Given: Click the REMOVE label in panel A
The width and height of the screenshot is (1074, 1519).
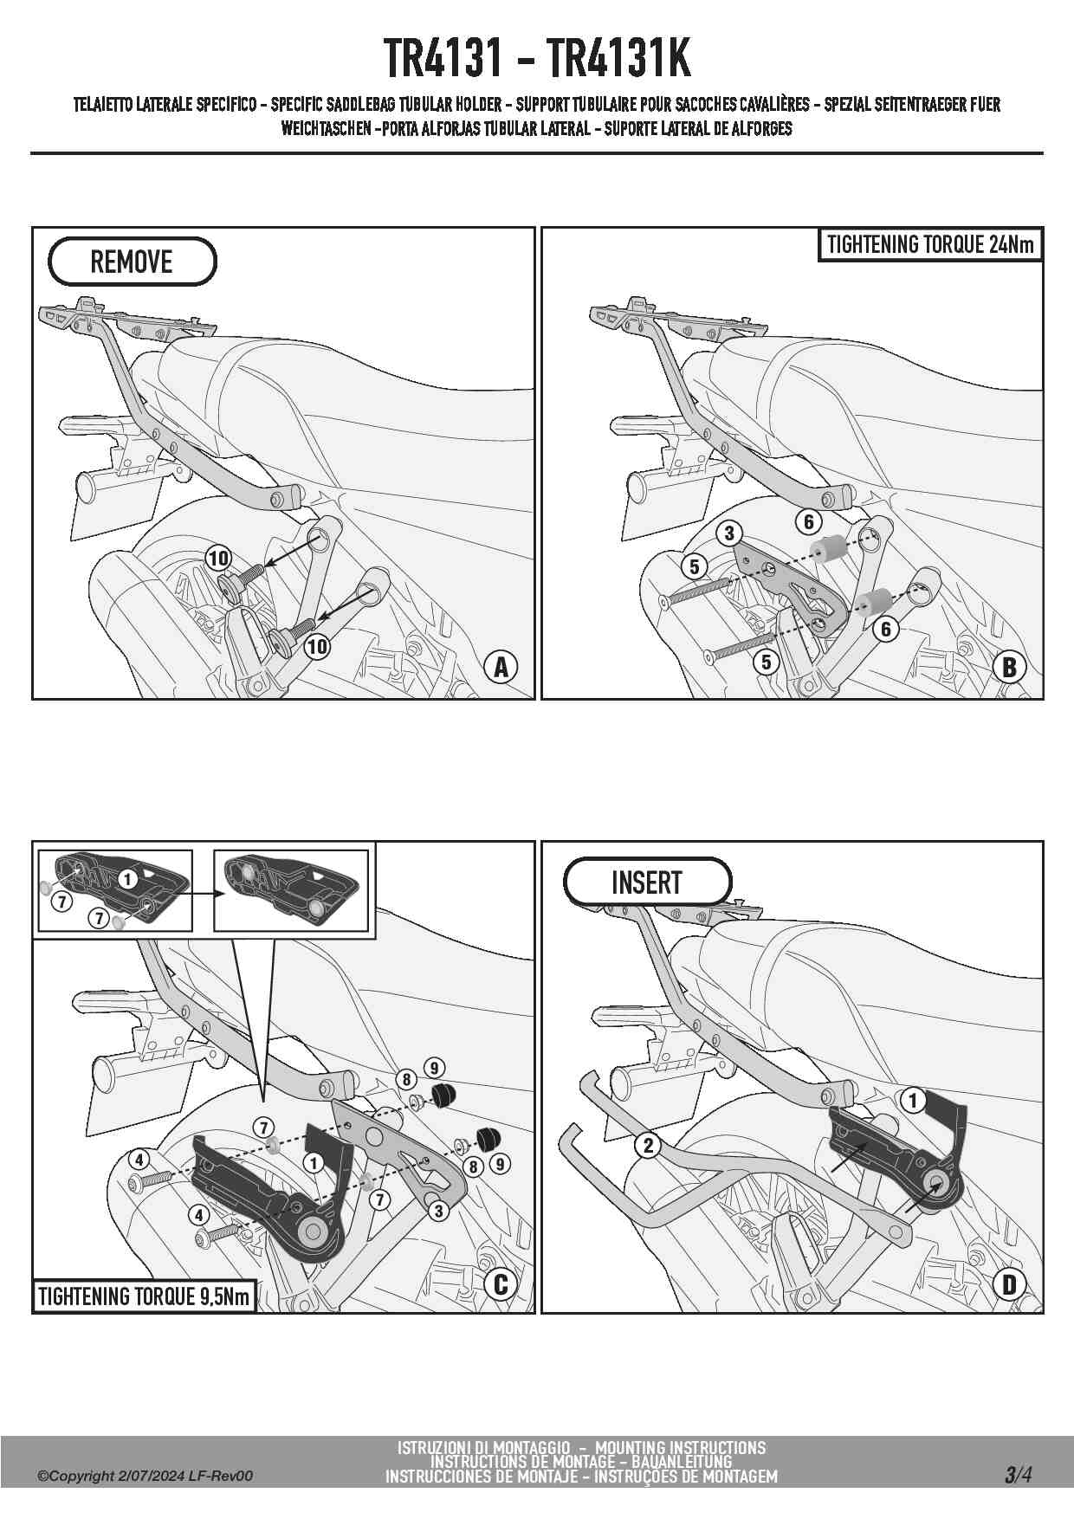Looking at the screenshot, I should (x=132, y=262).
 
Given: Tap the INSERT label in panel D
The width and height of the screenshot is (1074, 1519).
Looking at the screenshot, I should (x=647, y=882).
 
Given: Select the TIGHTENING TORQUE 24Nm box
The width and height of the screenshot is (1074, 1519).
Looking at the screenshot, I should (x=930, y=244).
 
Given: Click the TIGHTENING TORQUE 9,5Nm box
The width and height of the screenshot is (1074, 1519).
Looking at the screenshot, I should (x=144, y=1296).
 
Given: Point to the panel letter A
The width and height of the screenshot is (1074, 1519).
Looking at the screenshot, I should (x=501, y=668).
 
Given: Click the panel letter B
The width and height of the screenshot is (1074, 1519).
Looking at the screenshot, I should (x=1009, y=668).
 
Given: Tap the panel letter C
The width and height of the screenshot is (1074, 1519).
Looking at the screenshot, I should (x=501, y=1284).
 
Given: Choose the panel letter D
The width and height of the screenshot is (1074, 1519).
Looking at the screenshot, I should (x=1009, y=1284).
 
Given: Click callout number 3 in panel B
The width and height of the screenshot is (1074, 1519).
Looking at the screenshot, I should (x=729, y=533).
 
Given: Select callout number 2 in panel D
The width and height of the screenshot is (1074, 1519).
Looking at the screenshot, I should (x=649, y=1145).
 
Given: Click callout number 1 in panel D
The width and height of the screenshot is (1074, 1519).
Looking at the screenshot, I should (x=912, y=1101).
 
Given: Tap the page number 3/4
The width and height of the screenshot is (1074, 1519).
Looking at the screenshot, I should (x=1018, y=1474).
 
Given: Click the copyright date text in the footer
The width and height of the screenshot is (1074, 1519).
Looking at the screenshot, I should (x=145, y=1476).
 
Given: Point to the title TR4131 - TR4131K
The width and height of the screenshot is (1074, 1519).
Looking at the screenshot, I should (x=537, y=59).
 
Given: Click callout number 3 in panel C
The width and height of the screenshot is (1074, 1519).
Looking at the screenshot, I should (x=438, y=1211).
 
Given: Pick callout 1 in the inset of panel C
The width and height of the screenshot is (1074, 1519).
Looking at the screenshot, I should (x=127, y=880).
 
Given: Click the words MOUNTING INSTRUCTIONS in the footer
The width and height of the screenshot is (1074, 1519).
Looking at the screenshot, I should (x=680, y=1447).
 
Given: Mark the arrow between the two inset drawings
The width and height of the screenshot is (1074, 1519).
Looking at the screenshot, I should (x=202, y=892).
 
